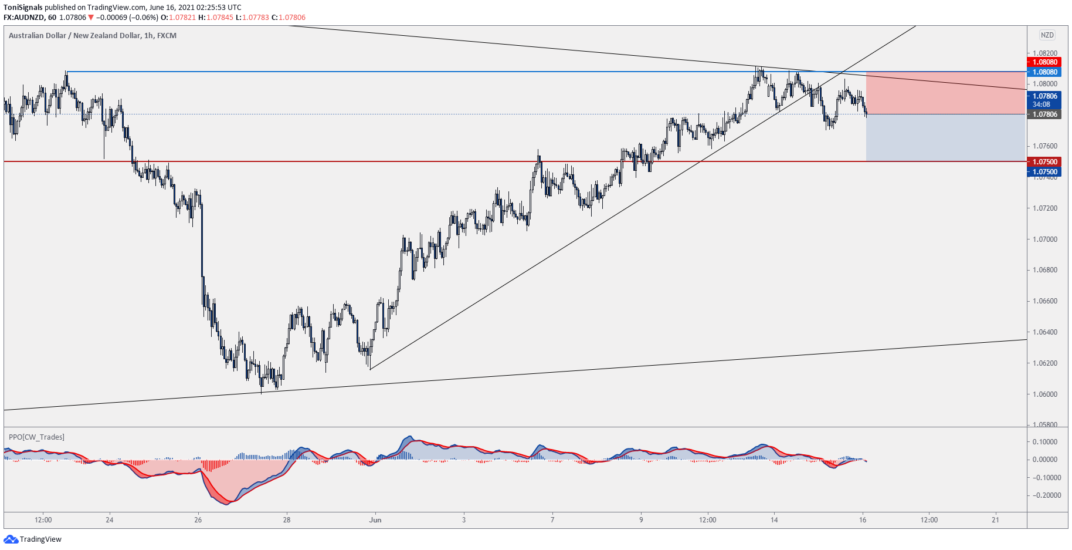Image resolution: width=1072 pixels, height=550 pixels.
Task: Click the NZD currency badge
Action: pos(1047,35)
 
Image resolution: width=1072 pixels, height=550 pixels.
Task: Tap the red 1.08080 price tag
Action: pos(1044,62)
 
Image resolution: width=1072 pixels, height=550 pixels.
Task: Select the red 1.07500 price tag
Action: pos(1044,162)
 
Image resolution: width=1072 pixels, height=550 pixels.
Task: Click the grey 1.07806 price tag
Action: pos(1044,114)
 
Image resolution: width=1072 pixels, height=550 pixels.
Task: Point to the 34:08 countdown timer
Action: pos(1042,104)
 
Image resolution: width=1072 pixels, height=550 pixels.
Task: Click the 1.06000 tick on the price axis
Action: pos(1045,394)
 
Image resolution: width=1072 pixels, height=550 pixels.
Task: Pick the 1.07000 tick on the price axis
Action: pos(1045,239)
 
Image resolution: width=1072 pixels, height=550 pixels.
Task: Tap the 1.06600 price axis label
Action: pos(1045,301)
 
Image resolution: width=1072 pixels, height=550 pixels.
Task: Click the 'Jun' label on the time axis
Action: pos(375,520)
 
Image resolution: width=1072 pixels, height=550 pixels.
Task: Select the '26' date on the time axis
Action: pos(198,520)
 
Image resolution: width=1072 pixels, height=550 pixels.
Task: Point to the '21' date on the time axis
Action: pos(995,520)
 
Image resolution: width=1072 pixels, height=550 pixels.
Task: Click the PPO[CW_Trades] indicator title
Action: pos(36,437)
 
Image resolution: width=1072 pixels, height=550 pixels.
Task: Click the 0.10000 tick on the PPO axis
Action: pos(1045,442)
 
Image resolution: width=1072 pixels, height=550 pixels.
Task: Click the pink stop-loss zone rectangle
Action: pos(945,93)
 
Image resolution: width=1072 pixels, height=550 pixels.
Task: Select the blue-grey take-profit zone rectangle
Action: pos(945,137)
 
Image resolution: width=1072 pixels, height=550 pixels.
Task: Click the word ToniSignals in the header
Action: pos(23,8)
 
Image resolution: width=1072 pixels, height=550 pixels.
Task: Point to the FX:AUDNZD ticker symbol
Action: pos(24,18)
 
